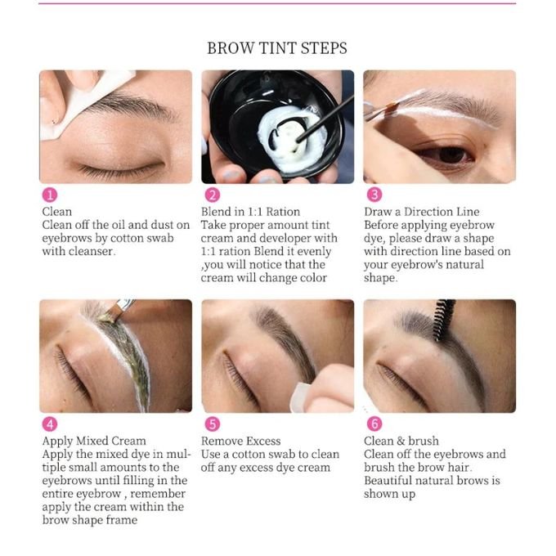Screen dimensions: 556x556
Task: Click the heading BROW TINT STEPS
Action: [x=277, y=48]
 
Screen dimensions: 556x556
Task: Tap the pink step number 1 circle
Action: [x=50, y=195]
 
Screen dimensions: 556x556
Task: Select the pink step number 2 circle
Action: [x=213, y=195]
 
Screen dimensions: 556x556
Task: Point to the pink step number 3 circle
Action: [x=374, y=195]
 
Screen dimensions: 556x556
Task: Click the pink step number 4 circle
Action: [x=50, y=424]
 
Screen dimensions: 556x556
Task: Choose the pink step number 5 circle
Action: [x=213, y=424]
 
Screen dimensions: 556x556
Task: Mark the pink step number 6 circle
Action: [x=374, y=424]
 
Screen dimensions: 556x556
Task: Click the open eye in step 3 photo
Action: [x=447, y=155]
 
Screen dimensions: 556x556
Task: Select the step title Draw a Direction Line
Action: [x=422, y=212]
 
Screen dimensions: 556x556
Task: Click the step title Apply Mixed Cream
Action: [x=94, y=441]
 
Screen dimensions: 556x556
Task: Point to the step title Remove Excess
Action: [x=240, y=441]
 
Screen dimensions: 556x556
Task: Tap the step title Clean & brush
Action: [x=401, y=441]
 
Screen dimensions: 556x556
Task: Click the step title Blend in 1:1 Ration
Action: [x=250, y=212]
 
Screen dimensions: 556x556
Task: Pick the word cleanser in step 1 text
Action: [x=92, y=251]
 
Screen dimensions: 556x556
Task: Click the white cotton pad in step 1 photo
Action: [x=82, y=103]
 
